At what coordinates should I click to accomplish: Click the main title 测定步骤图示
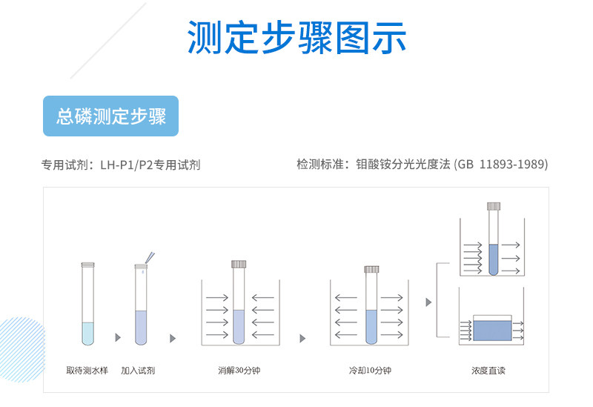point(296,37)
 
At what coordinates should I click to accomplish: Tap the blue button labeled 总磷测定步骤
point(111,116)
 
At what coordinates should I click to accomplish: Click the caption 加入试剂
point(138,370)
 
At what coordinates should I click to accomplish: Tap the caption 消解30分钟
point(239,370)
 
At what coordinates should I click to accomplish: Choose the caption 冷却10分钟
point(370,370)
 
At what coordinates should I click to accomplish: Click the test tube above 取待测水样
point(88,304)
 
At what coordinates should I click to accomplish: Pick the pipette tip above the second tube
point(150,257)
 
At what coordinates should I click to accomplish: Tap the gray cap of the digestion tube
point(239,263)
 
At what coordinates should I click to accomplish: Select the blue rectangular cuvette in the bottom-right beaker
point(491,328)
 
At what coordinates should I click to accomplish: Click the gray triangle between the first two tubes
point(117,338)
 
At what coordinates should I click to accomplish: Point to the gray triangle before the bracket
point(428,302)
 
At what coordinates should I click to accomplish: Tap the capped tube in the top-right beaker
point(494,241)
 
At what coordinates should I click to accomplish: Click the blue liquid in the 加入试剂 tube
point(141,326)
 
